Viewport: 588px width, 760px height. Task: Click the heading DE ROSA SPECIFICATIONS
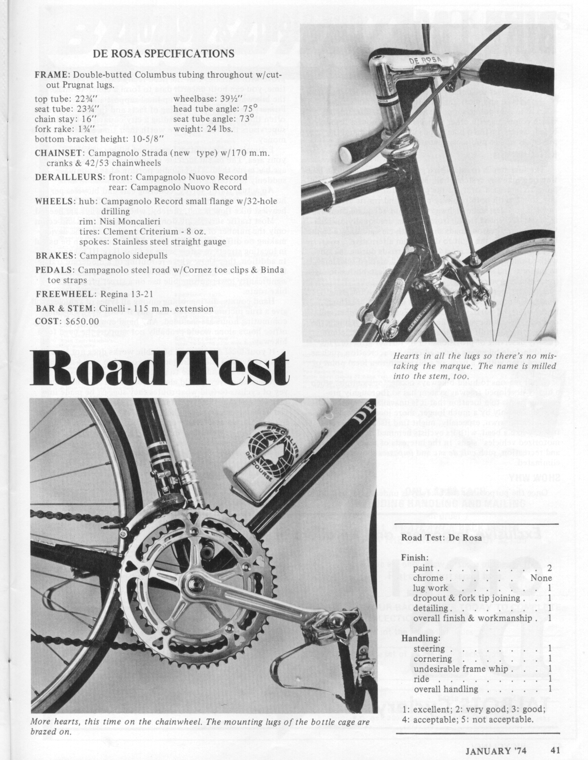(163, 53)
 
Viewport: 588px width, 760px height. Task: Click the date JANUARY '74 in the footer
(496, 749)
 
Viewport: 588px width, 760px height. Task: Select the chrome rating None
(541, 578)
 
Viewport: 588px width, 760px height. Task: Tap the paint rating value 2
(550, 568)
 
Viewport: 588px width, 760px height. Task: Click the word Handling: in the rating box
(421, 638)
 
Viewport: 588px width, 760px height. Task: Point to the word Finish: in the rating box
(415, 557)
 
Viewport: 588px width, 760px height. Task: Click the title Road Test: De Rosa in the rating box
(441, 537)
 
